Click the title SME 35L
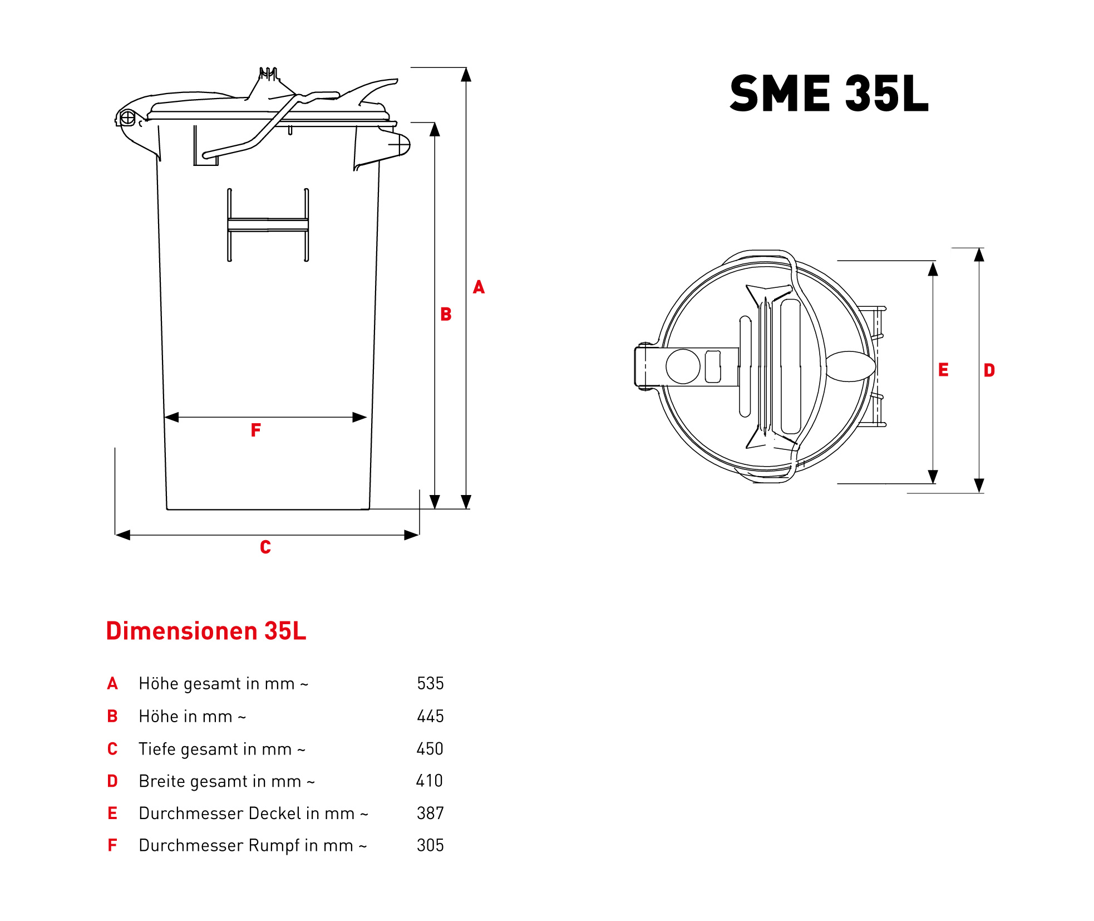pyautogui.click(x=829, y=94)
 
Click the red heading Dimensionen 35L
pyautogui.click(x=206, y=631)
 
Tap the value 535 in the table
pyautogui.click(x=430, y=683)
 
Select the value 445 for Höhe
pyautogui.click(x=430, y=716)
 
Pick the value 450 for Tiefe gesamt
pyautogui.click(x=430, y=748)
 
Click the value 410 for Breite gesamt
pyautogui.click(x=429, y=781)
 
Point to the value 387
pyautogui.click(x=430, y=813)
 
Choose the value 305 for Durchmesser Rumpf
pyautogui.click(x=430, y=845)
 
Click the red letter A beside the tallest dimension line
pyautogui.click(x=479, y=287)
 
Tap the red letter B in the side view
pyautogui.click(x=446, y=314)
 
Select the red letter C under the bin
pyautogui.click(x=265, y=547)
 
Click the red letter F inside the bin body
pyautogui.click(x=255, y=430)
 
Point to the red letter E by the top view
pyautogui.click(x=943, y=370)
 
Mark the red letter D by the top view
pyautogui.click(x=989, y=370)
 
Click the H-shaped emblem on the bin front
pyautogui.click(x=268, y=225)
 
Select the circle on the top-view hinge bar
pyautogui.click(x=683, y=366)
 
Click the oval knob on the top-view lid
pyautogui.click(x=850, y=366)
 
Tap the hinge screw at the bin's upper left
pyautogui.click(x=127, y=118)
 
